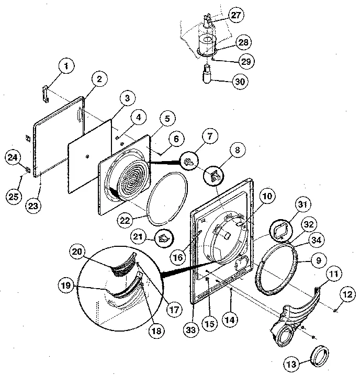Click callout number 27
[237, 15]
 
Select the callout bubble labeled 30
[241, 82]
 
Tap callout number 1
[66, 66]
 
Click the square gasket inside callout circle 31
[280, 230]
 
